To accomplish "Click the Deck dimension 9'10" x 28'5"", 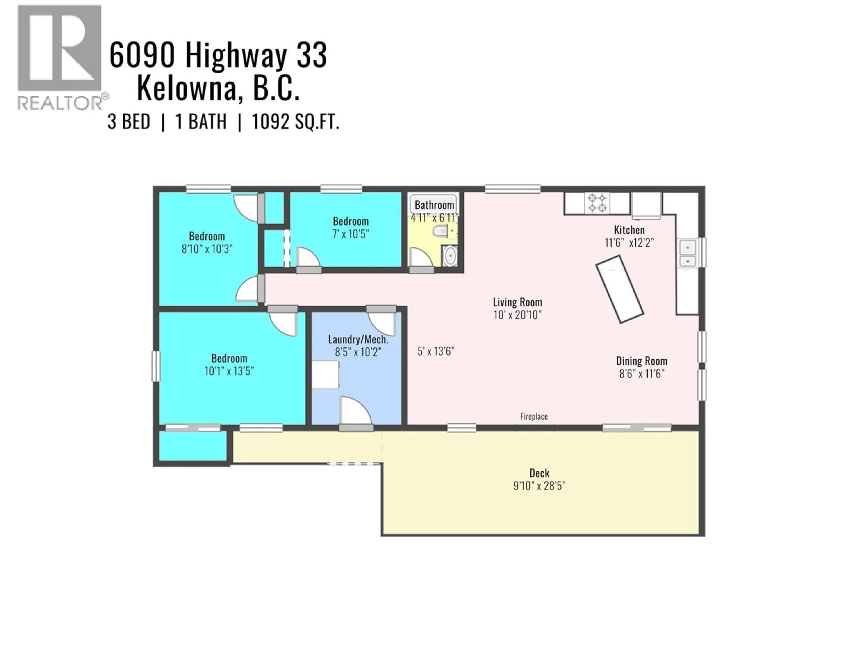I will point(539,486).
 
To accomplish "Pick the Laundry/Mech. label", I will point(358,340).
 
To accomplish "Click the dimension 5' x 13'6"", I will point(436,351).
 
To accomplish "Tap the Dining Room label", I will point(641,361).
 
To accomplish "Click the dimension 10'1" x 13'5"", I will point(229,371).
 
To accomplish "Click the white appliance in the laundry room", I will point(325,375).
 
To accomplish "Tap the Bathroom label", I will point(434,205).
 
